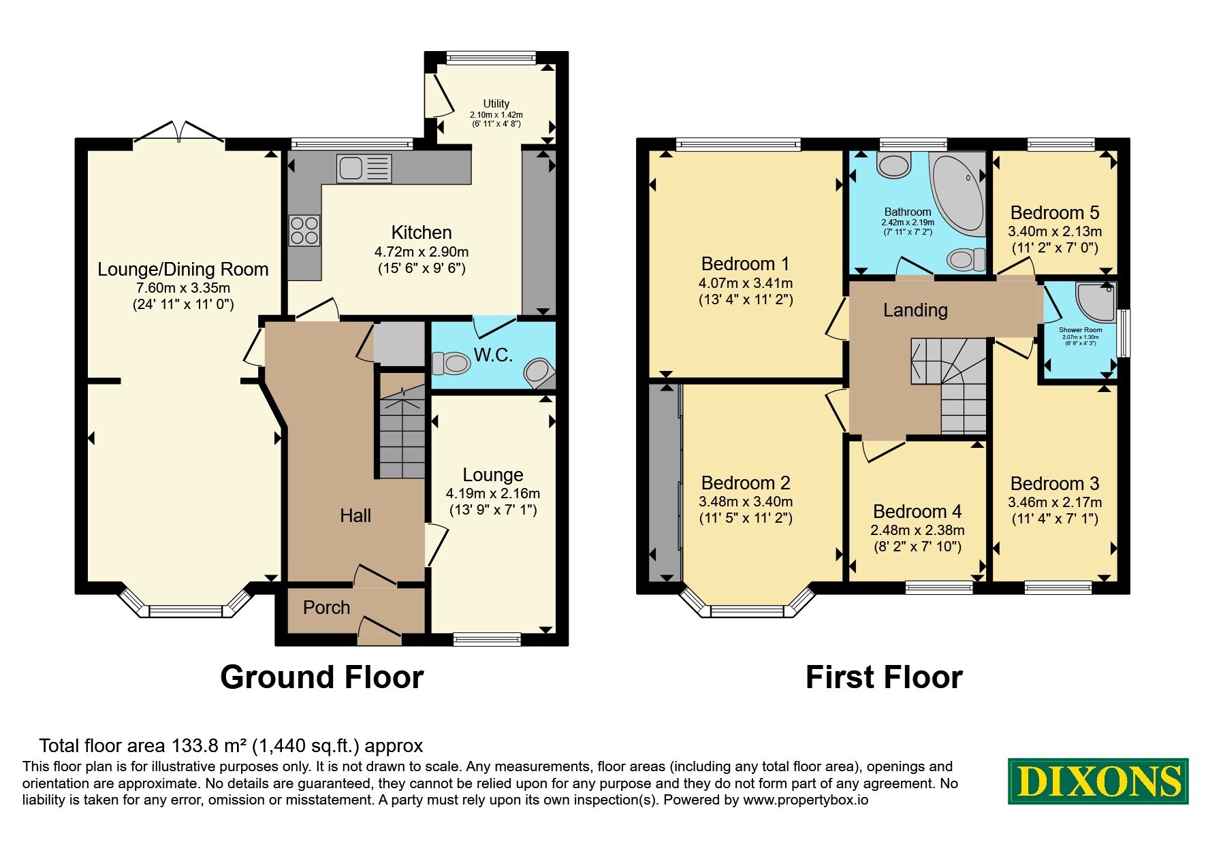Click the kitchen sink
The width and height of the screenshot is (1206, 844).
[364, 168]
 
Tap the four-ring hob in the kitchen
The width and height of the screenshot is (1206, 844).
[304, 230]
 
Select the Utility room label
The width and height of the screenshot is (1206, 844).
[496, 103]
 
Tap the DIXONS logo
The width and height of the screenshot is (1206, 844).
[1098, 781]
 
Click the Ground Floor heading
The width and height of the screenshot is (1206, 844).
[322, 677]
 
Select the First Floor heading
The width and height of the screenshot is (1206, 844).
[884, 677]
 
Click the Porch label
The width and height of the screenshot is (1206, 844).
[326, 607]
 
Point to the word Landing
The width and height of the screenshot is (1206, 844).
[915, 310]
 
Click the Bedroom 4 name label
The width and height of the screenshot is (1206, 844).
[917, 511]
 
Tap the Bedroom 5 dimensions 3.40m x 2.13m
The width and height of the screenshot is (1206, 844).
[1055, 231]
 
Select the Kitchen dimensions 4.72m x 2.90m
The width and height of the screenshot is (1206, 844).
[422, 252]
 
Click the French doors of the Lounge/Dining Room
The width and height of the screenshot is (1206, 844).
[179, 133]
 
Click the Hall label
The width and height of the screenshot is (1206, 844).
[355, 516]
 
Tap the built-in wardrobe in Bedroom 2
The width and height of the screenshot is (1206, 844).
[665, 483]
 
